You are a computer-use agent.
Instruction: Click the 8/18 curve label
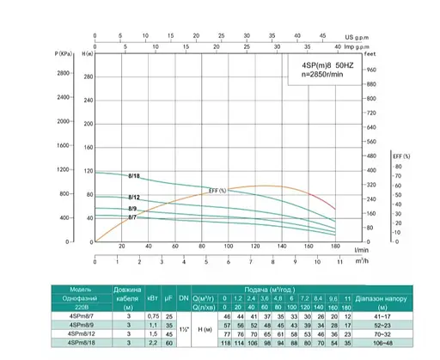133,176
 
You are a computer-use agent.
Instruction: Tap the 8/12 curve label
133,198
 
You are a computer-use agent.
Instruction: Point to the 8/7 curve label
133,218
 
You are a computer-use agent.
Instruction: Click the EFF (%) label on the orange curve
217,190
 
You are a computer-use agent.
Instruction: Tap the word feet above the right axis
371,56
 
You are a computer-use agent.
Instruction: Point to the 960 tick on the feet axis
371,70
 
